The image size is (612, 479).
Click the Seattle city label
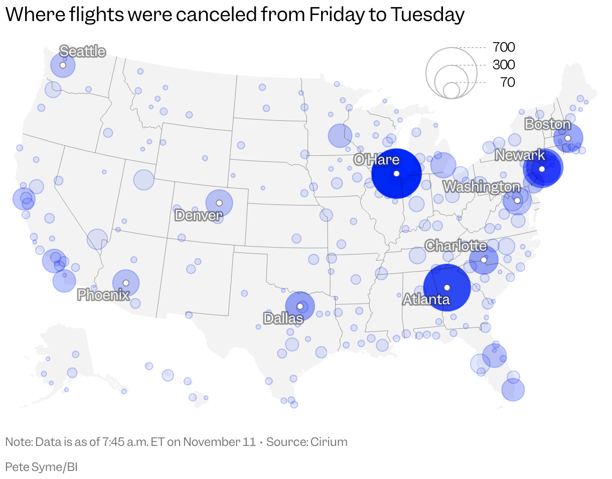[82, 51]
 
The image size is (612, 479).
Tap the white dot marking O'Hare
[396, 174]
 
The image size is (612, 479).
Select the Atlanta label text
[426, 299]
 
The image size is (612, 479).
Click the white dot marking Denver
[219, 203]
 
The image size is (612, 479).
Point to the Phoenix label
[103, 295]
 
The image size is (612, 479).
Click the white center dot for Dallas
[300, 306]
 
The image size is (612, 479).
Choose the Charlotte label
[455, 246]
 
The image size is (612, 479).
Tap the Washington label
[482, 186]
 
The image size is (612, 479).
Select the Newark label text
[520, 155]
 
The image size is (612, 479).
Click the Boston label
[548, 124]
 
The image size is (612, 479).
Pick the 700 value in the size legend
[504, 47]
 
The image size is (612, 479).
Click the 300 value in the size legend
[504, 65]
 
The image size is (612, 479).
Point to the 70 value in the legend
[508, 82]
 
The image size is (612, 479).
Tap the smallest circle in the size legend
[451, 90]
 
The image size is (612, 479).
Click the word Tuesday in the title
[427, 15]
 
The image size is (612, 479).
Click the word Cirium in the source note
[329, 442]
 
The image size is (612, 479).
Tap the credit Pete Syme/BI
[41, 467]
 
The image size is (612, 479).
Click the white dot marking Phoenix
[126, 283]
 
